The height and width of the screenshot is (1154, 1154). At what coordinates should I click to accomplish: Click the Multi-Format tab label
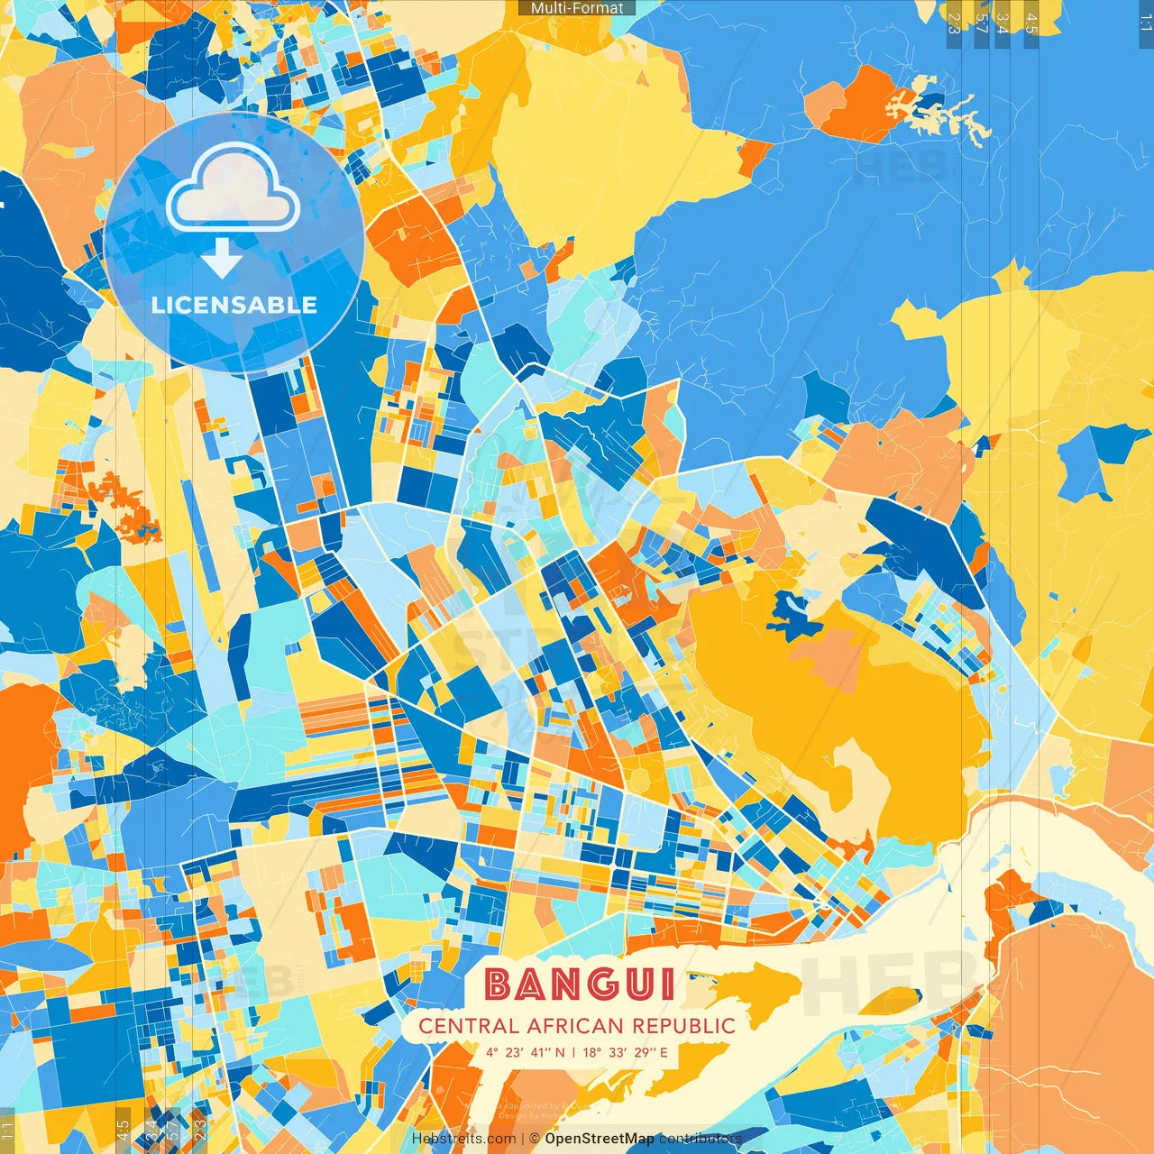click(x=577, y=8)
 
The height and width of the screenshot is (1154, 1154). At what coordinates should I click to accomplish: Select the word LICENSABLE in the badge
click(x=234, y=305)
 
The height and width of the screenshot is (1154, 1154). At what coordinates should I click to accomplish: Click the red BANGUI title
click(x=580, y=985)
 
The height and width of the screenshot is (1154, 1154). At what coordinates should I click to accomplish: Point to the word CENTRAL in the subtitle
click(x=469, y=1026)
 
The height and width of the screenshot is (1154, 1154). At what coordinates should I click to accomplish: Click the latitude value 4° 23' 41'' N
click(x=526, y=1052)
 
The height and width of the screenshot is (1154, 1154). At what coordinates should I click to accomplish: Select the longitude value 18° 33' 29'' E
click(x=626, y=1052)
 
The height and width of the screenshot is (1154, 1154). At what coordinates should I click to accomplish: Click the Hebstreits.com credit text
click(x=463, y=1139)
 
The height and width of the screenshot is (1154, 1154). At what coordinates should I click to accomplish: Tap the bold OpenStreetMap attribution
click(x=600, y=1139)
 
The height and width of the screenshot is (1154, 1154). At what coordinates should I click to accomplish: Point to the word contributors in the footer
click(x=700, y=1139)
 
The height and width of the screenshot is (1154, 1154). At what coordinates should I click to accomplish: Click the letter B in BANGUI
click(x=501, y=985)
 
